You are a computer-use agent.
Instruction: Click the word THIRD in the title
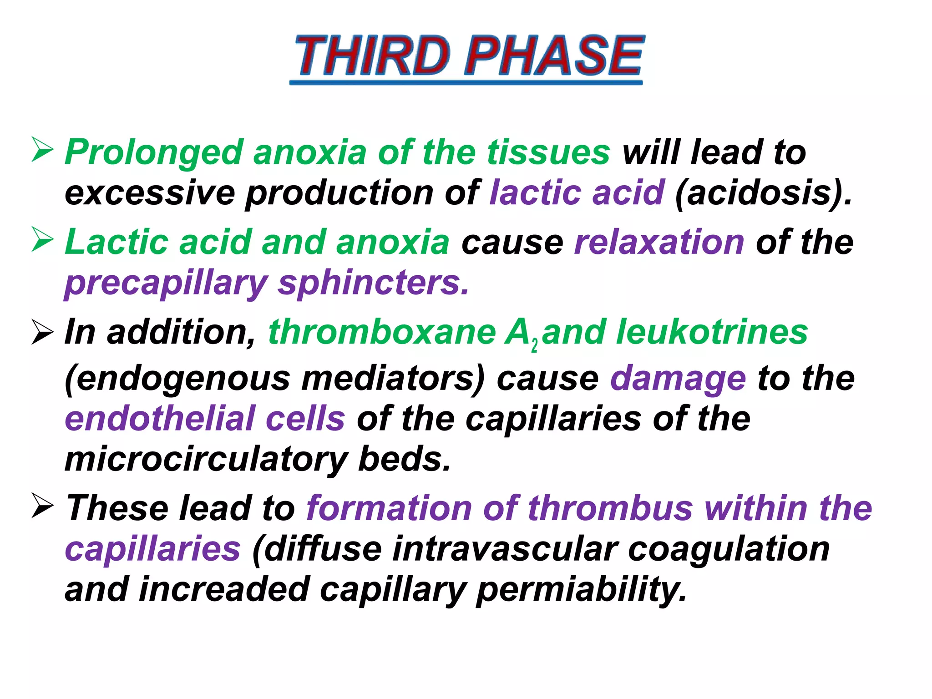372,56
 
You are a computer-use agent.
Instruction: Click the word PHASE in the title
553,56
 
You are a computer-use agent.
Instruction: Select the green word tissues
548,152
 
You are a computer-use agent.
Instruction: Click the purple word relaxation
659,242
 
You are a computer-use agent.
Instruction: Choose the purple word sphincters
373,283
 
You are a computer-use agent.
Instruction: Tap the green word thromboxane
382,332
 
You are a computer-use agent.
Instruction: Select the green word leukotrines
712,332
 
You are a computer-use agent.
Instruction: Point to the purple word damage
678,379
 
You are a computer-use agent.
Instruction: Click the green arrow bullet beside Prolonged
43,150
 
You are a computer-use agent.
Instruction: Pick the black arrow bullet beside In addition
43,332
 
